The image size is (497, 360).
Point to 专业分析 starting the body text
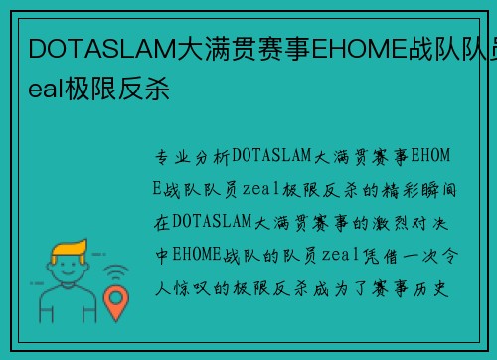coord(192,156)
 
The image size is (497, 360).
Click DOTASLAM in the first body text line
coord(271,156)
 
